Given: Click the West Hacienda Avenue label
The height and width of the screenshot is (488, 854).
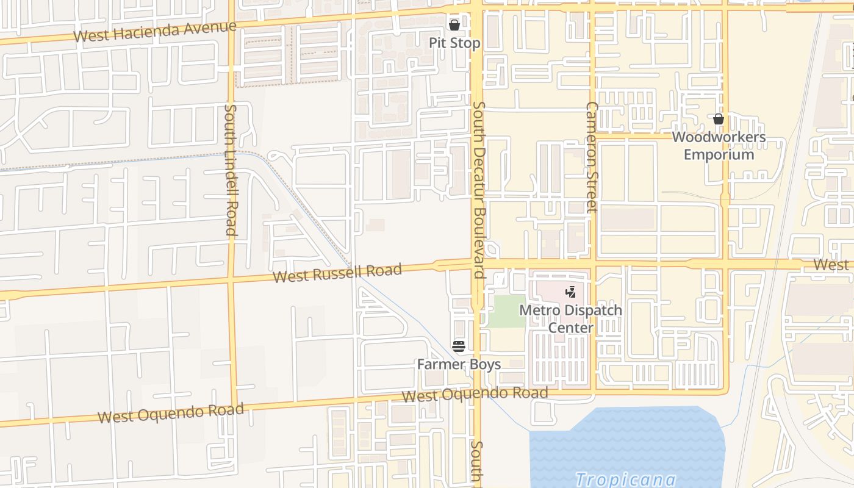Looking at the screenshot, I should pos(154,31).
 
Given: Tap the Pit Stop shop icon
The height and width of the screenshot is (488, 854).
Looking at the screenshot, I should pos(454,25).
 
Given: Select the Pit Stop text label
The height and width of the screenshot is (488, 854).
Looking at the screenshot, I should pos(454,43).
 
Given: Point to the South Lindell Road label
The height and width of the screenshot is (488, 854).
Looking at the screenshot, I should pos(231,170).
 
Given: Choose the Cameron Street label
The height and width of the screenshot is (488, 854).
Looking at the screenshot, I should pos(591,157).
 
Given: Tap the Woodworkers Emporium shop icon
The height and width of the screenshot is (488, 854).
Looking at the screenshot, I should pos(719,119).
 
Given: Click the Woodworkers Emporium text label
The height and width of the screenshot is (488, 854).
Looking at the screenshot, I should pos(719,145).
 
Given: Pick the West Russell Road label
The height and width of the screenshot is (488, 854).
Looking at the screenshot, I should pos(337,273).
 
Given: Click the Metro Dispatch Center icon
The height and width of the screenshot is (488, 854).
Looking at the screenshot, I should pos(570,292).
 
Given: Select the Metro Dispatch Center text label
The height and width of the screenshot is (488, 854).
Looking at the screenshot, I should pos(570,319).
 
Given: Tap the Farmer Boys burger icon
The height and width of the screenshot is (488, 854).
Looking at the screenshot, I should pos(459,346).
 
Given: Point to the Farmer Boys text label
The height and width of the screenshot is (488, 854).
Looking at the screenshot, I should pos(459,365).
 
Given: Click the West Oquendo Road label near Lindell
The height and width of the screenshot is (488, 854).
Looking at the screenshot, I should pos(171,413).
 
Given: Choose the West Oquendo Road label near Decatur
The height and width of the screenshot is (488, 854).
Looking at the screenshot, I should pos(475,394).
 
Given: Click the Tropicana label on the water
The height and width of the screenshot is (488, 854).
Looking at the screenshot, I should pos(625,479).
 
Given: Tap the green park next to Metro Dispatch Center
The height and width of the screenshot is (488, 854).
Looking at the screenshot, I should pos(506,311).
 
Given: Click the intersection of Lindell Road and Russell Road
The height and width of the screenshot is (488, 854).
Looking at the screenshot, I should pos(231,280).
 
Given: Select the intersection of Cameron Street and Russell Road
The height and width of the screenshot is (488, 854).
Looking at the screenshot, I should pos(592,264).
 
